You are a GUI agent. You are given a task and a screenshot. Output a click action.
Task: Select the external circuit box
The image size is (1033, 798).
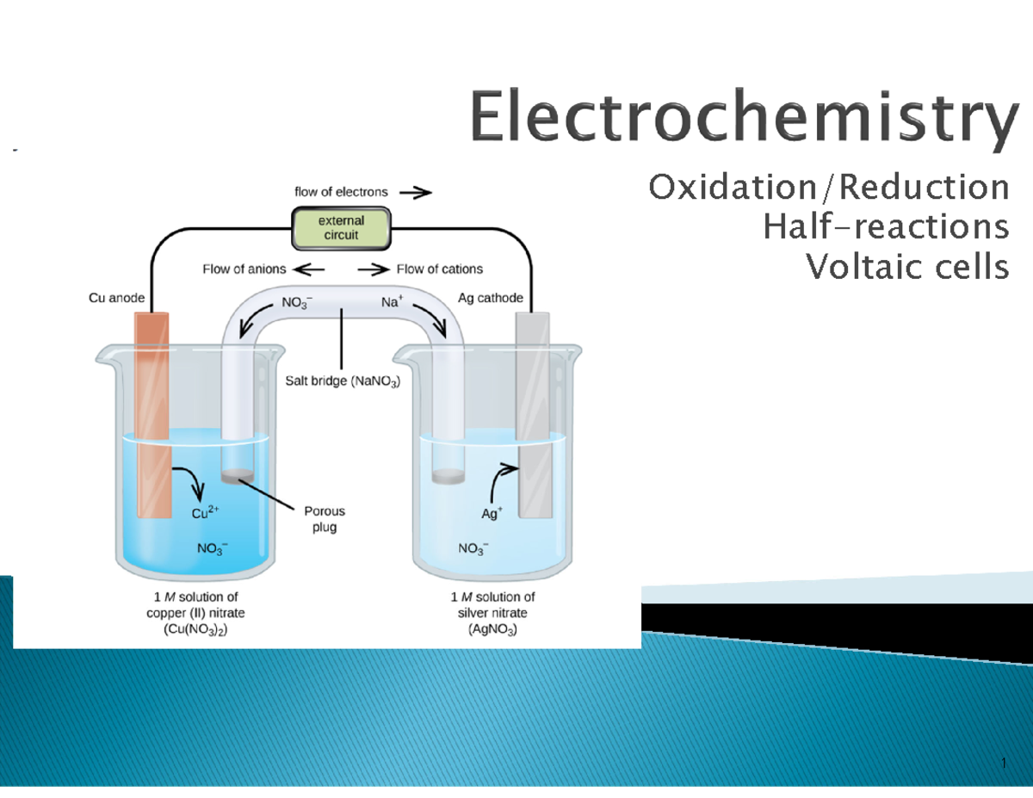click(x=342, y=228)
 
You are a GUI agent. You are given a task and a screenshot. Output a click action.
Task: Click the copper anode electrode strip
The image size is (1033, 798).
click(x=152, y=413)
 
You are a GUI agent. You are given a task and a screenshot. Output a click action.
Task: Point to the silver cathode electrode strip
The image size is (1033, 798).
click(x=531, y=413)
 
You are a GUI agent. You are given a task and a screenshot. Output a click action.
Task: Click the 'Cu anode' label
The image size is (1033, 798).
click(x=116, y=298)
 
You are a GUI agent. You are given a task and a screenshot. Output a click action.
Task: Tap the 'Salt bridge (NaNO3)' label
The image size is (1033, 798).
click(x=343, y=379)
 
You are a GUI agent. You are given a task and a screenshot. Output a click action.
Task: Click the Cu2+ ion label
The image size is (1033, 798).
click(x=206, y=514)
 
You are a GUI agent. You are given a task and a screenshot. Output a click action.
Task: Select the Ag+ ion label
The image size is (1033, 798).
click(x=492, y=515)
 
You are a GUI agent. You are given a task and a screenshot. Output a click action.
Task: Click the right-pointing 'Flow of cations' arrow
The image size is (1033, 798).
click(x=374, y=269)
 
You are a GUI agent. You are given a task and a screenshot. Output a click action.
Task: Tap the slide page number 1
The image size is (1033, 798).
click(x=1004, y=764)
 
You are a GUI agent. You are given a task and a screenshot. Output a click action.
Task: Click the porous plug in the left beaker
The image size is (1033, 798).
click(x=238, y=474)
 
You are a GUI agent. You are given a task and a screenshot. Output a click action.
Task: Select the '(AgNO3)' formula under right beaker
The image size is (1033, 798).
click(x=494, y=629)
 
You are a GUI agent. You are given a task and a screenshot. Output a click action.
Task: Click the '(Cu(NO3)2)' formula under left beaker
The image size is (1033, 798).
click(x=195, y=629)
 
